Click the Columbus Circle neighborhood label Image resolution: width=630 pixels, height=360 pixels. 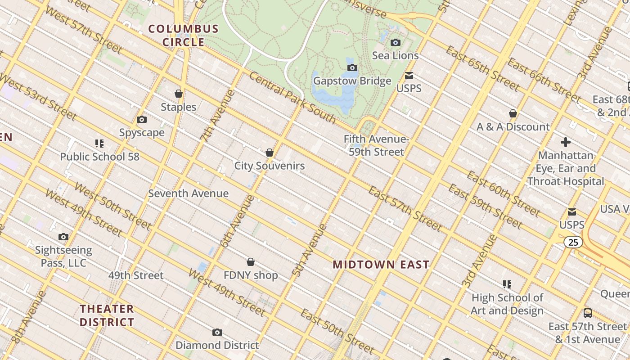pyautogui.click(x=184, y=36)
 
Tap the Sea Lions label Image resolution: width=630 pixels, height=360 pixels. pyautogui.click(x=396, y=55)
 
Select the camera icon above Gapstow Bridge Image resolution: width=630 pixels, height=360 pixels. pyautogui.click(x=352, y=68)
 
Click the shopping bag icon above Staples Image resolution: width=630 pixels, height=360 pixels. pyautogui.click(x=179, y=94)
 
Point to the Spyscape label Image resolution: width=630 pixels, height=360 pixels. pyautogui.click(x=142, y=133)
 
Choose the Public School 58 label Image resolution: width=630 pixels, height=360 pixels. pyautogui.click(x=100, y=157)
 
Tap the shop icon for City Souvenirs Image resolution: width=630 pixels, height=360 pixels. pyautogui.click(x=270, y=153)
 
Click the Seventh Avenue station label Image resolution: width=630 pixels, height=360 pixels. pyautogui.click(x=189, y=193)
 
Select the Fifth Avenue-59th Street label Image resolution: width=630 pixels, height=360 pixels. pyautogui.click(x=377, y=145)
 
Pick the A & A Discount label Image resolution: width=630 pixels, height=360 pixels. pyautogui.click(x=513, y=127)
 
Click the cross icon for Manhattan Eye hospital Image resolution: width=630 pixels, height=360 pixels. pyautogui.click(x=566, y=142)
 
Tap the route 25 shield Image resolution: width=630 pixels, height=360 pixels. pyautogui.click(x=573, y=243)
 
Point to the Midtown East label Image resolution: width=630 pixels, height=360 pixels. pyautogui.click(x=381, y=265)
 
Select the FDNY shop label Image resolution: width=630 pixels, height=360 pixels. pyautogui.click(x=251, y=275)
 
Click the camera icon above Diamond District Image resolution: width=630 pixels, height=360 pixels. pyautogui.click(x=217, y=333)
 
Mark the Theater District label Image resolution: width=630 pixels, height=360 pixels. pyautogui.click(x=107, y=315)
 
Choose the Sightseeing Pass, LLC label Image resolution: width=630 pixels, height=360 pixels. pyautogui.click(x=63, y=256)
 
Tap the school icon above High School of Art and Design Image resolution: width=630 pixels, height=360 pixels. pyautogui.click(x=507, y=284)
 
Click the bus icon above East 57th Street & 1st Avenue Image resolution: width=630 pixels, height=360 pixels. pyautogui.click(x=588, y=313)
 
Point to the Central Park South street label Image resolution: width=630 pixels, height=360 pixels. pyautogui.click(x=292, y=98)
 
